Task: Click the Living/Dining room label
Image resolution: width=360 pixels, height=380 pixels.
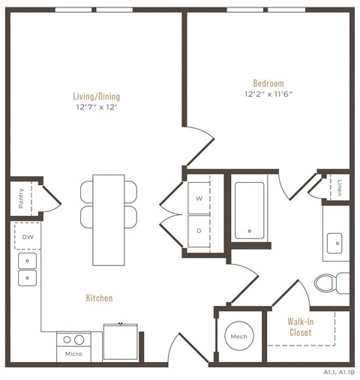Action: tap(96, 96)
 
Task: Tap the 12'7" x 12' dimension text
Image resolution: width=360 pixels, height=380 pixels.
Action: tap(96, 107)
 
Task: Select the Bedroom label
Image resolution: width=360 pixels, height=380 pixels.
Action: tap(268, 83)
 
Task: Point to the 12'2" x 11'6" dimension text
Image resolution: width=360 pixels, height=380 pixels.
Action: tap(268, 94)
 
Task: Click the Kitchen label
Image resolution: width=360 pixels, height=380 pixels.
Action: tap(99, 298)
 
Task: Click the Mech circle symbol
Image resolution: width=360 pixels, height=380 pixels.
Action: tap(238, 336)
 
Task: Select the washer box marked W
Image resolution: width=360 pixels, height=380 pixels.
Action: tap(199, 199)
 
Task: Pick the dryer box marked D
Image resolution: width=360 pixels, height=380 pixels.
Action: tap(199, 231)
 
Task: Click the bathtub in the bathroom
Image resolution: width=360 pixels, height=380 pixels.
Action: tap(248, 211)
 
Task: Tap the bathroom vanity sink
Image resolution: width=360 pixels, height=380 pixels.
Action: tap(334, 242)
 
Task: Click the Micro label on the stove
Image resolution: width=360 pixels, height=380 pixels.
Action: tap(73, 353)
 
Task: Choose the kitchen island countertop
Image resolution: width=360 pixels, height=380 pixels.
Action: tap(109, 220)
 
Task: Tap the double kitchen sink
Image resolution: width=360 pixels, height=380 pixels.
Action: tap(28, 269)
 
